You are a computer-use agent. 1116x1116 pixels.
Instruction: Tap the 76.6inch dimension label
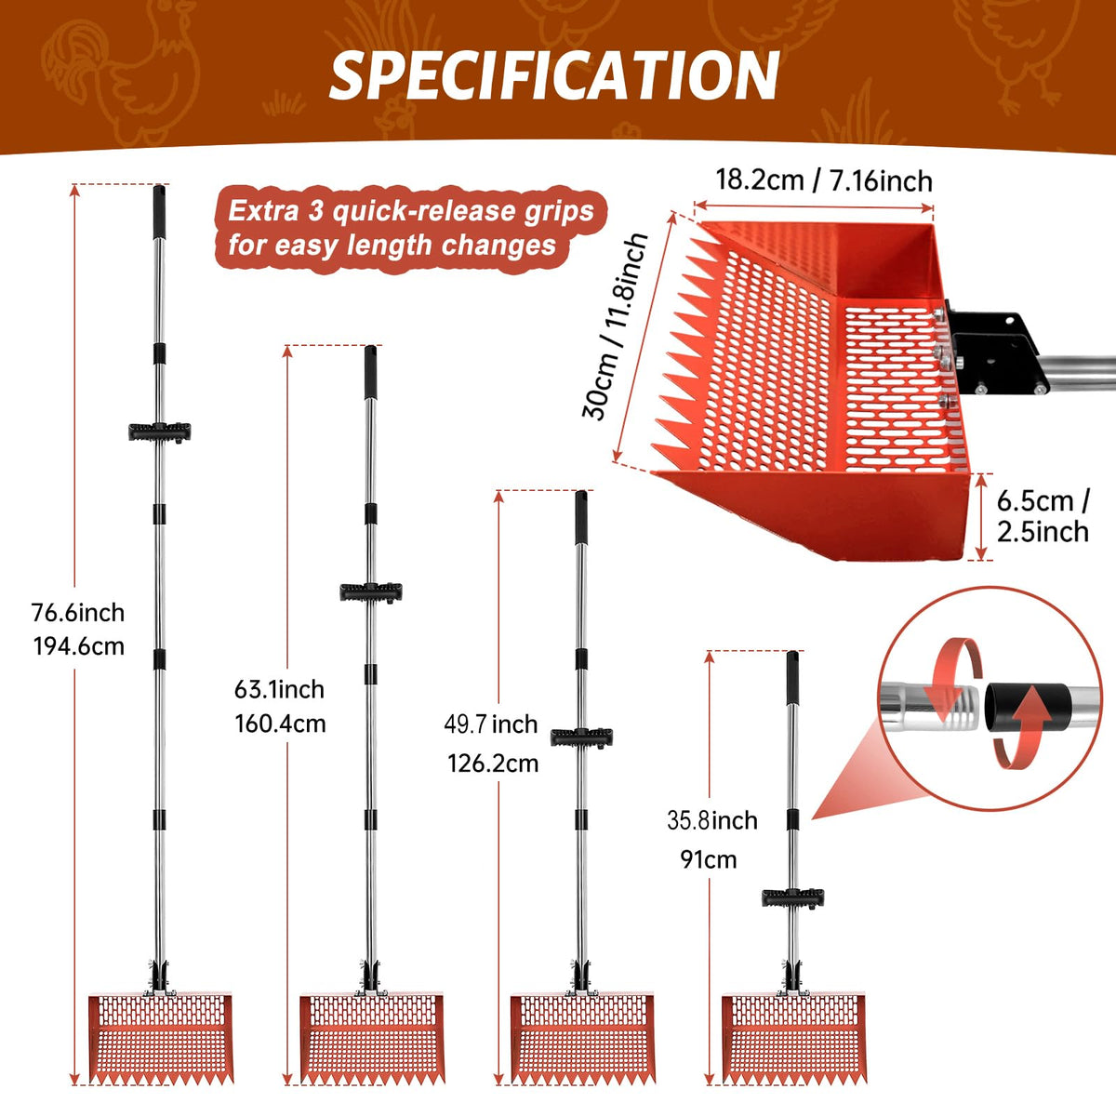tap(78, 612)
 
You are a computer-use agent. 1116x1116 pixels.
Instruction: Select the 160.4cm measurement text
tap(280, 724)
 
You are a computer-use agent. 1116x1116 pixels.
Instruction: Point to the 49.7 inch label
tap(491, 724)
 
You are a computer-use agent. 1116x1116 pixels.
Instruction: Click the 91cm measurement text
tap(709, 859)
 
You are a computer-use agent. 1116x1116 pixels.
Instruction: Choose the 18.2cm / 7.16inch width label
tap(824, 180)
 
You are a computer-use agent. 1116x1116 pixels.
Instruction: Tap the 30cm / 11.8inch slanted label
tap(615, 326)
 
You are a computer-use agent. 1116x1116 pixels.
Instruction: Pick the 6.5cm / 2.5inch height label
tap(1043, 516)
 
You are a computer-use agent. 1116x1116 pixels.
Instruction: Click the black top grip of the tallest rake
tap(159, 212)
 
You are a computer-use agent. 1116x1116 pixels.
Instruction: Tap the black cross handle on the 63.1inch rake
tap(371, 591)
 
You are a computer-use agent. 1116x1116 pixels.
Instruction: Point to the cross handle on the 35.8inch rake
tap(792, 897)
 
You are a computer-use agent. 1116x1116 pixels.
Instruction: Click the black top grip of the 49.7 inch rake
tap(581, 518)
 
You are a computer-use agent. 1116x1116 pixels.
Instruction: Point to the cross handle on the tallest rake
tap(159, 432)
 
